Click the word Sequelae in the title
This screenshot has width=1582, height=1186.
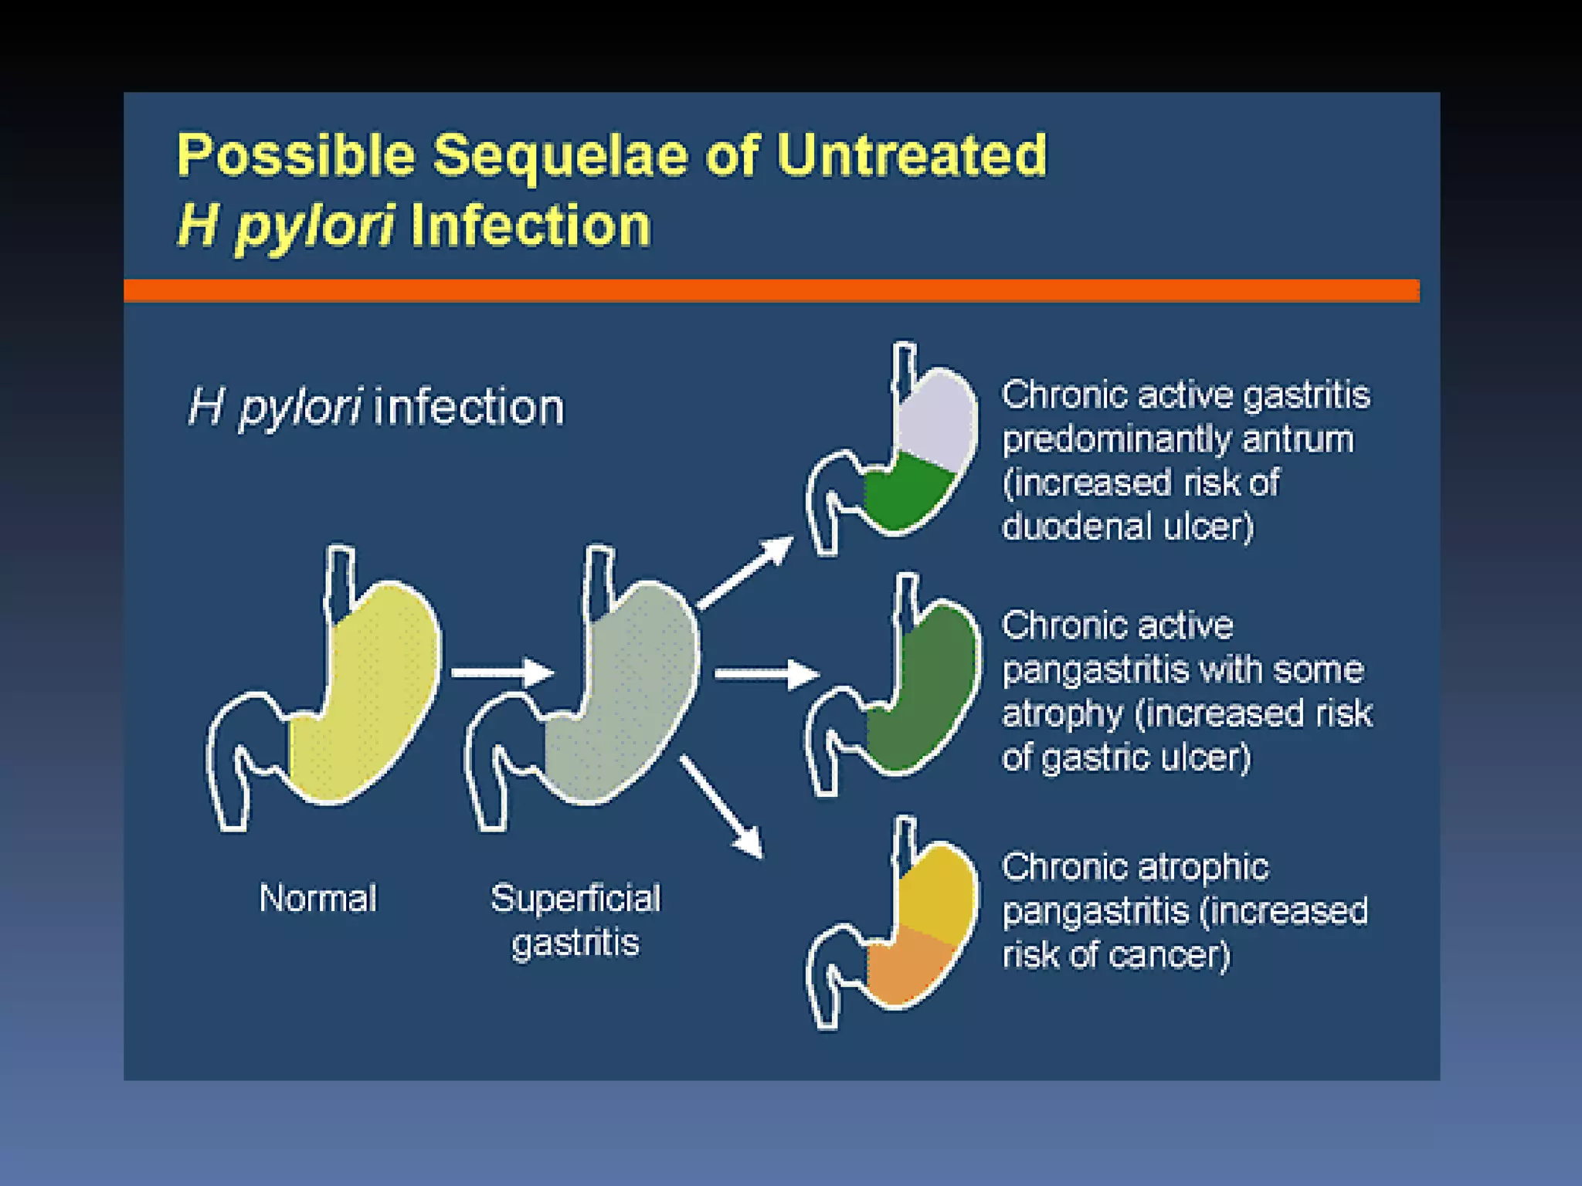[559, 156]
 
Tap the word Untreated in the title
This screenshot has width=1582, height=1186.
[912, 156]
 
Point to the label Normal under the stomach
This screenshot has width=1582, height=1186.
[317, 898]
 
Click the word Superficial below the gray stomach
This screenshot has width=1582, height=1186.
[575, 898]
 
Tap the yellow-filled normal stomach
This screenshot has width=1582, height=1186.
[363, 695]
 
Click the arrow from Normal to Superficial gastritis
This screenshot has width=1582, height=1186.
[502, 673]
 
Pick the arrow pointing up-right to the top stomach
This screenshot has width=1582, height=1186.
[745, 573]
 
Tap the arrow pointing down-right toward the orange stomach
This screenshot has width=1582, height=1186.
[721, 808]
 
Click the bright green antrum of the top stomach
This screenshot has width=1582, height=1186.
[904, 494]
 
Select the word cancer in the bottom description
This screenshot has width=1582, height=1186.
[1166, 955]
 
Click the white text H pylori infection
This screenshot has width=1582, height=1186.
[376, 407]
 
